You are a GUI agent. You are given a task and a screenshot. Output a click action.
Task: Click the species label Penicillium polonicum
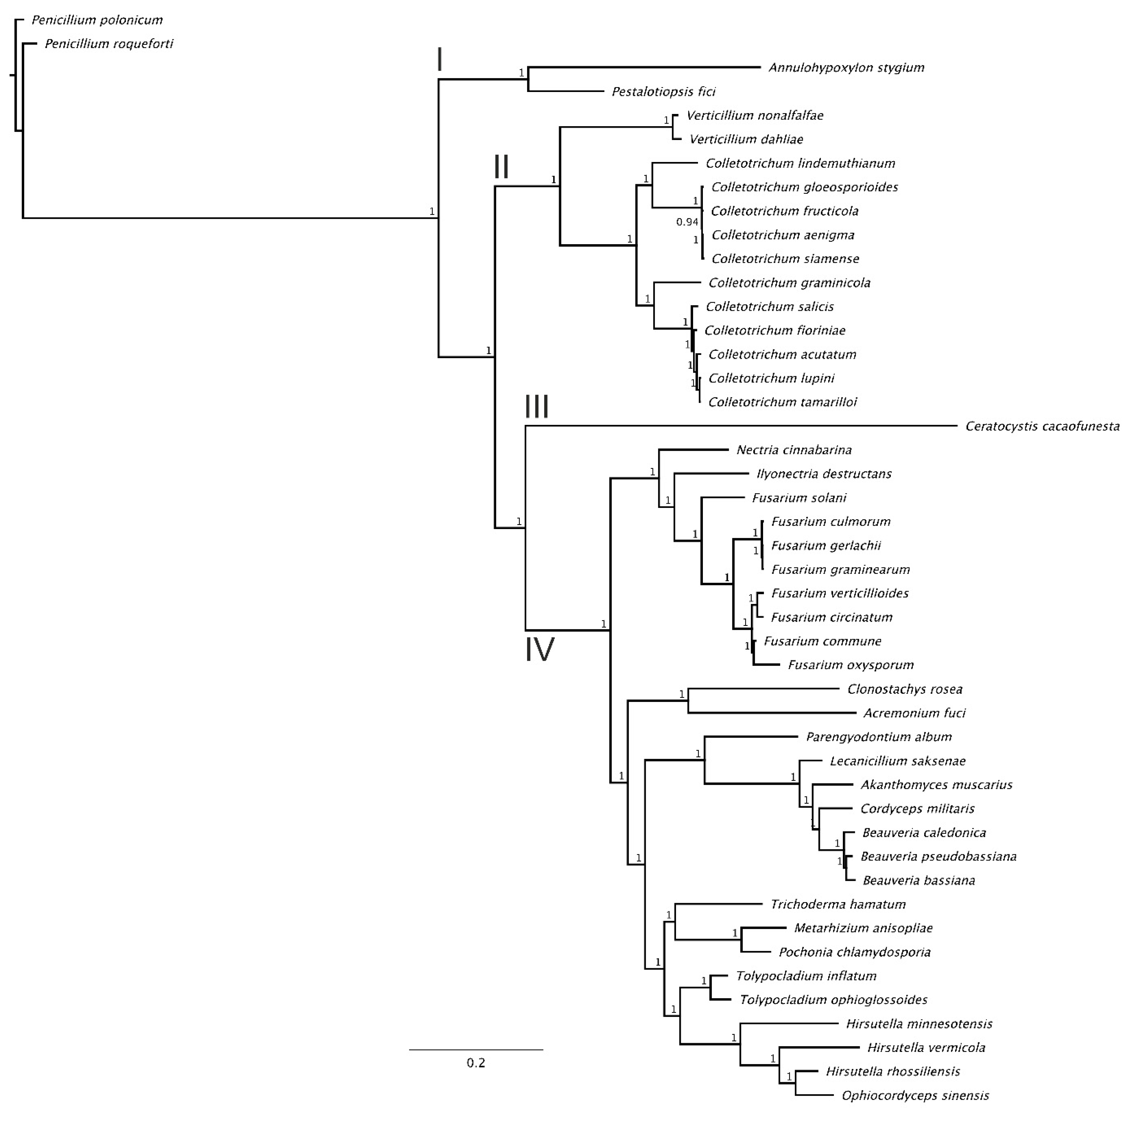tap(97, 20)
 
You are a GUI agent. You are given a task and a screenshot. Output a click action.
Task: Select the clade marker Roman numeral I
tap(439, 60)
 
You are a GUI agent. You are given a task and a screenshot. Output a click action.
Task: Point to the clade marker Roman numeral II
tap(501, 167)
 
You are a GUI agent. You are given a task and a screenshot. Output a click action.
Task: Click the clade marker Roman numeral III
tap(536, 406)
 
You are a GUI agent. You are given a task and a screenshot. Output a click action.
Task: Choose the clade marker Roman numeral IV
tap(539, 650)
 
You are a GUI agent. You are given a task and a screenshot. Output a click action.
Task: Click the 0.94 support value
tap(687, 222)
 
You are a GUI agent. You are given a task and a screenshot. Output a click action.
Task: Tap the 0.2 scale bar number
tap(476, 1063)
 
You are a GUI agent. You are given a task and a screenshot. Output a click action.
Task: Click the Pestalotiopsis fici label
tap(663, 92)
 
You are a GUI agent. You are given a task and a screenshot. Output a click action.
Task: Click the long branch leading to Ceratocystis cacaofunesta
tap(740, 426)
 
